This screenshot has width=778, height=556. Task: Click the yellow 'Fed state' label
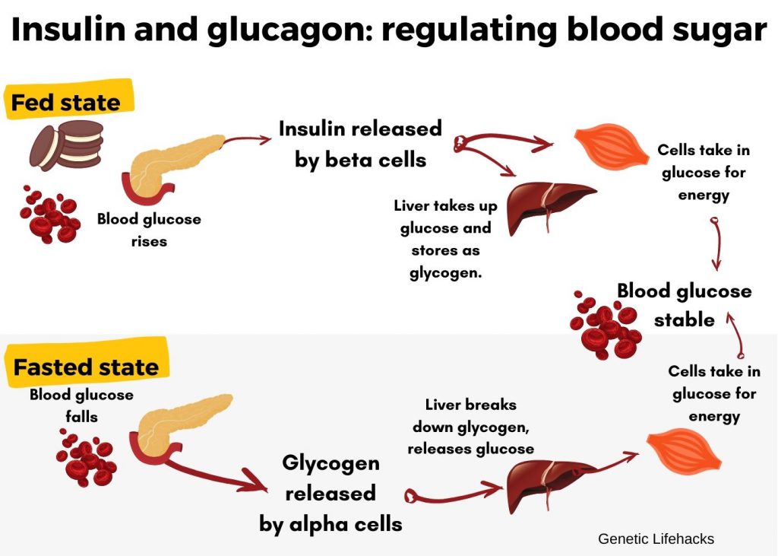click(x=66, y=102)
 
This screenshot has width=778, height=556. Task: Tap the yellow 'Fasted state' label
click(x=86, y=367)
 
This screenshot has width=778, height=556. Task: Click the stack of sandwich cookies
click(x=66, y=145)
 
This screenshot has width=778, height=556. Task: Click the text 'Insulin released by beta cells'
click(x=360, y=144)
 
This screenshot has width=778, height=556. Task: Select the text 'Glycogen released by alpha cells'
click(x=330, y=493)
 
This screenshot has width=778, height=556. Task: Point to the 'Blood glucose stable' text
click(x=684, y=305)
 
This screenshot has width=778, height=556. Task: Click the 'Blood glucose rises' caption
click(x=149, y=230)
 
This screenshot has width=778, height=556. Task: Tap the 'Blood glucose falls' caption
click(x=81, y=405)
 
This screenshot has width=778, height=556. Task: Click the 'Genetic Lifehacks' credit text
click(x=656, y=539)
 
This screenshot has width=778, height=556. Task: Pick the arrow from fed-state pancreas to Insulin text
click(x=247, y=139)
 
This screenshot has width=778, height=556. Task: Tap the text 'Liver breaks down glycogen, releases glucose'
click(x=470, y=427)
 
